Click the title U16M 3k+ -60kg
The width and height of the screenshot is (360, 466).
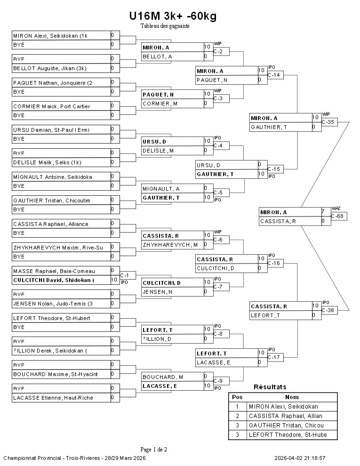point(173,16)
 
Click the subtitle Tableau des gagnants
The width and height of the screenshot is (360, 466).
point(165,26)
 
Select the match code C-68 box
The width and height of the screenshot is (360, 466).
point(339,216)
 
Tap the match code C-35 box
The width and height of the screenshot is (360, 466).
point(329,122)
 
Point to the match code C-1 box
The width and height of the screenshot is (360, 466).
point(125,275)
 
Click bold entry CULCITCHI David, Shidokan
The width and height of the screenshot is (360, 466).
point(61,280)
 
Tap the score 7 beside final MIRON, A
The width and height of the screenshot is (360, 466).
point(323,212)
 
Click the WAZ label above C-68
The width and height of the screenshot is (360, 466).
point(336,208)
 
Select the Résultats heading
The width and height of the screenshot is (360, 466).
point(270,387)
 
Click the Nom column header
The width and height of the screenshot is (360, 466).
point(292,397)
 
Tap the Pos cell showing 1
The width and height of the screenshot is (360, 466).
point(237,406)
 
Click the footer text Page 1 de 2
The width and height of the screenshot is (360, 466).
point(154,449)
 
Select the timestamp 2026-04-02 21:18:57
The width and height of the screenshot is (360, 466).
point(300,458)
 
